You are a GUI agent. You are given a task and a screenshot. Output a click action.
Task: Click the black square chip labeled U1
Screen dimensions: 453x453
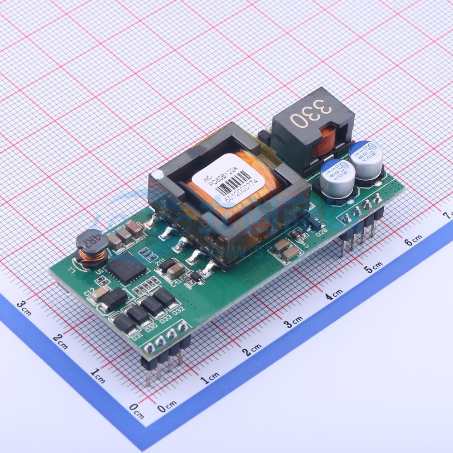click(x=126, y=268)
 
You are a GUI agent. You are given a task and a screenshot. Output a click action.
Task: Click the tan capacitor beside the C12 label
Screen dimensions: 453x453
click(x=98, y=295)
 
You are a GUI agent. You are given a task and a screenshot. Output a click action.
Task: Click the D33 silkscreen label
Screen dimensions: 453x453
click(x=165, y=318)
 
